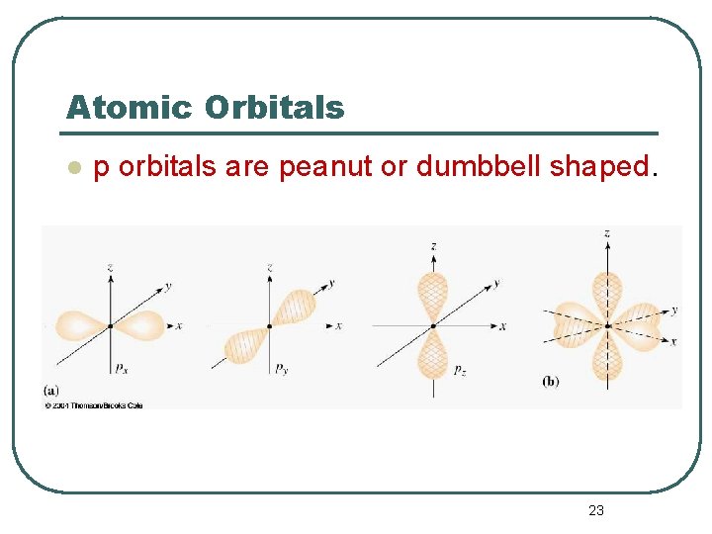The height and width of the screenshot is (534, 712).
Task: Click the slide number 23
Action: click(595, 510)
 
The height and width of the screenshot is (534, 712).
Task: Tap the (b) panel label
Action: click(550, 381)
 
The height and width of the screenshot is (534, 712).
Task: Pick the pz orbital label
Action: click(459, 370)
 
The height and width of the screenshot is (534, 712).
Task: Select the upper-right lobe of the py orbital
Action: click(295, 306)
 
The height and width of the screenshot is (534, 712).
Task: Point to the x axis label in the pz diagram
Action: click(502, 325)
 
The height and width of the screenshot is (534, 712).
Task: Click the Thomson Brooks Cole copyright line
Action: click(94, 404)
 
